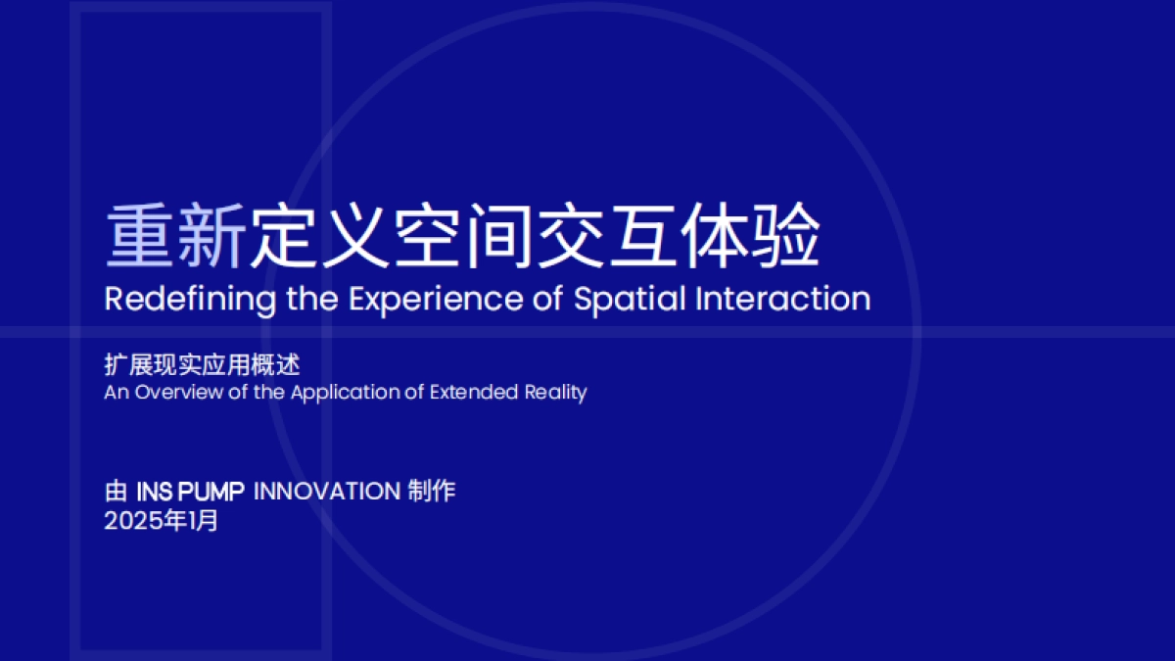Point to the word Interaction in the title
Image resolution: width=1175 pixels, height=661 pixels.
[x=782, y=299]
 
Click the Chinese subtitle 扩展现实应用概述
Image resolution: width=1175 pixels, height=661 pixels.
[x=202, y=365]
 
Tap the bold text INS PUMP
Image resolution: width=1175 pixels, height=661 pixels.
[x=190, y=492]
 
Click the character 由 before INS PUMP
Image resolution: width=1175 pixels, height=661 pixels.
[x=116, y=492]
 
